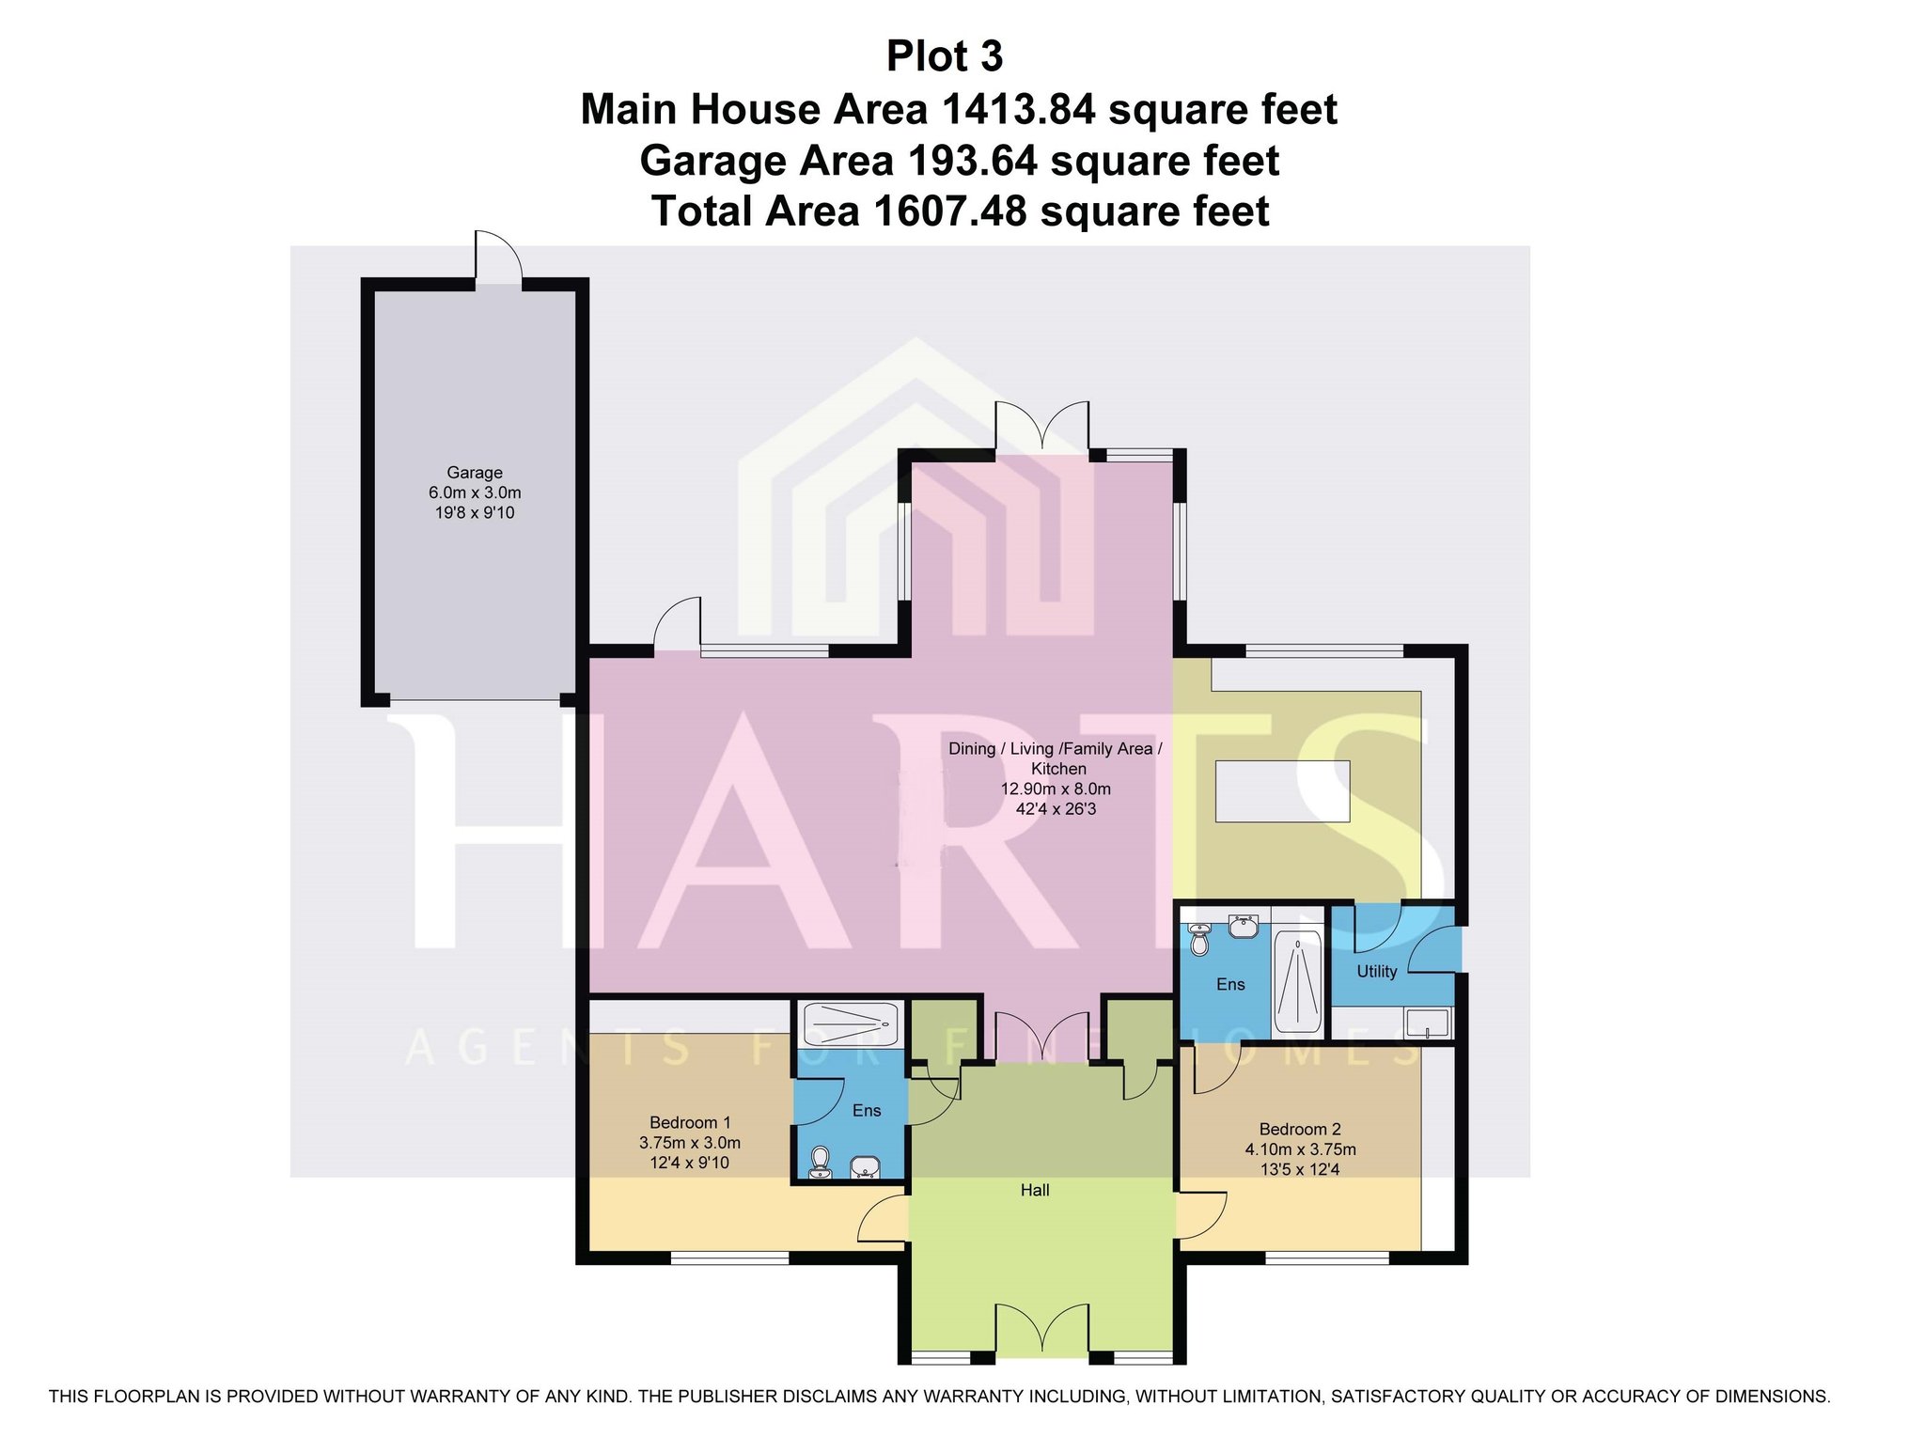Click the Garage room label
click(475, 473)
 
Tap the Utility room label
click(1376, 971)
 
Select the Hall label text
click(1035, 1190)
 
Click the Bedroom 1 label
click(690, 1122)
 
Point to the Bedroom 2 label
click(1300, 1129)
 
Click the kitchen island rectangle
click(1283, 790)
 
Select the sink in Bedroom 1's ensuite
click(865, 1167)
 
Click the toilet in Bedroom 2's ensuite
click(1199, 939)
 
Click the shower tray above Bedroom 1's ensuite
click(851, 1023)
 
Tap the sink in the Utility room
click(1428, 1023)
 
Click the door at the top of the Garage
click(498, 255)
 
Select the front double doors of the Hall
click(1042, 1329)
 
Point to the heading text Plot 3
click(945, 56)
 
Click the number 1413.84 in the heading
click(1017, 109)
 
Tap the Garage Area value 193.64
click(972, 161)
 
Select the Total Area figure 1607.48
click(949, 211)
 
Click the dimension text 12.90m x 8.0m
click(1056, 789)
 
